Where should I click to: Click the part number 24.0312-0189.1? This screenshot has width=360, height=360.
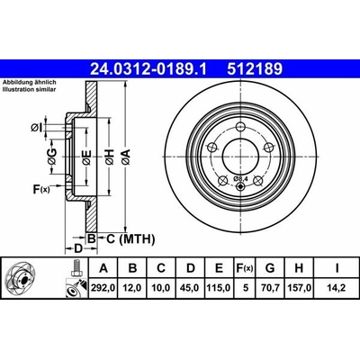[x=148, y=69]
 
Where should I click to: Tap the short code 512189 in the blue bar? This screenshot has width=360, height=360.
[x=255, y=69]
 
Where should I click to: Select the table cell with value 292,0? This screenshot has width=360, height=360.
[x=103, y=288]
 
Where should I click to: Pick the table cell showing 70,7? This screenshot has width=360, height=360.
[x=270, y=288]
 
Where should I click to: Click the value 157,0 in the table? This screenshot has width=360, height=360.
[x=299, y=288]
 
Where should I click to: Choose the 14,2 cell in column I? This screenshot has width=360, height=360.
[x=337, y=288]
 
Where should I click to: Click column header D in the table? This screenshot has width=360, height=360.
[x=191, y=268]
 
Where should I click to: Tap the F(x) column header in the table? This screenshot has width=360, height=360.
[x=245, y=268]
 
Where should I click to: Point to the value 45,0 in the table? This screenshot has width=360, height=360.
[x=191, y=288]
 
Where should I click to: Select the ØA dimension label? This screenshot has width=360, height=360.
[x=126, y=157]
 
